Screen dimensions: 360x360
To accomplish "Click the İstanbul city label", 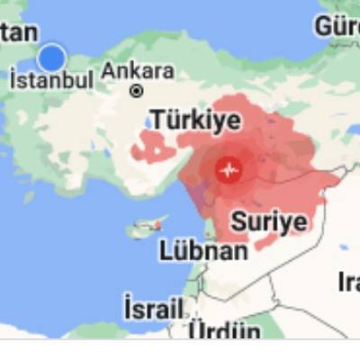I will point(51,80).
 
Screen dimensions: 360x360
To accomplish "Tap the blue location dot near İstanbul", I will point(52,58).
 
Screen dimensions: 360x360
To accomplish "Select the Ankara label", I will point(138,71).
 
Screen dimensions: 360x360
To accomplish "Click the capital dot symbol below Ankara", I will point(137,91).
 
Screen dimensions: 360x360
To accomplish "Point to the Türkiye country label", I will point(195,120).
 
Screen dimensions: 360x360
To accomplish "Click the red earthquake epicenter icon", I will point(229,168).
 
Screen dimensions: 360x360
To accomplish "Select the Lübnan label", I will point(203,250).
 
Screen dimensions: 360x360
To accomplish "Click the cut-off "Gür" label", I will point(337,27).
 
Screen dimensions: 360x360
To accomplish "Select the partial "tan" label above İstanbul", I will point(18,31).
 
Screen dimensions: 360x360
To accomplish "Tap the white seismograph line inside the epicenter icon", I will point(229,168).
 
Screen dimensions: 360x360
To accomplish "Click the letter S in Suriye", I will point(238,220).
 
